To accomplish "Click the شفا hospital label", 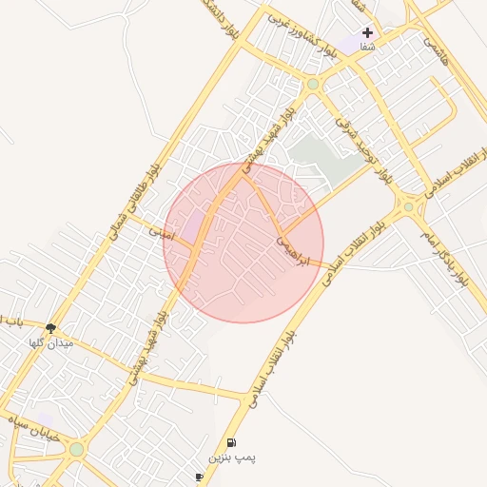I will pyautogui.click(x=367, y=46).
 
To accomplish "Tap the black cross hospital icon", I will pyautogui.click(x=367, y=32).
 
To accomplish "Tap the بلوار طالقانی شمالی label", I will pyautogui.click(x=133, y=199).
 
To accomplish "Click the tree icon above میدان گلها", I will pyautogui.click(x=50, y=327).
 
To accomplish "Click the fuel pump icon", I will pyautogui.click(x=232, y=443).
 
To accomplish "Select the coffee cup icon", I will pyautogui.click(x=199, y=477).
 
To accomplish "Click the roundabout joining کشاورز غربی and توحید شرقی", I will pyautogui.click(x=313, y=85).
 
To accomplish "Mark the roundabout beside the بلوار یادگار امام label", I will pyautogui.click(x=408, y=205).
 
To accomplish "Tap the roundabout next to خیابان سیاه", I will pyautogui.click(x=76, y=449).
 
